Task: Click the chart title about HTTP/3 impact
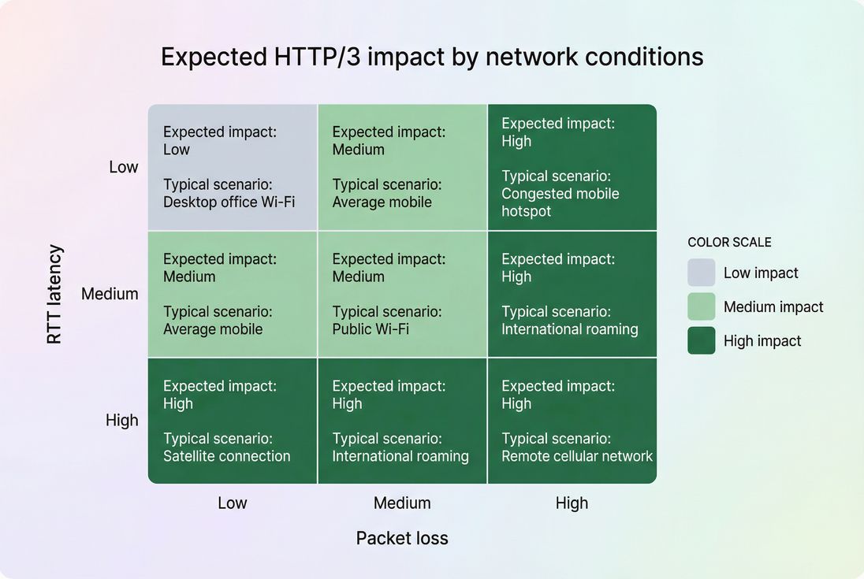point(432,58)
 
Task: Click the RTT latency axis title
point(54,295)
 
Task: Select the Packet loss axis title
point(402,538)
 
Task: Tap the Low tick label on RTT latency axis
point(124,167)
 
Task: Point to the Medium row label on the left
point(110,294)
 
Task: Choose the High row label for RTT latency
point(122,421)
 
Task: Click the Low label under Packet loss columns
point(233,503)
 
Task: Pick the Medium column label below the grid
point(402,503)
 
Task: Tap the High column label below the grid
point(572,503)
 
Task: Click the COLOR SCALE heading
point(729,243)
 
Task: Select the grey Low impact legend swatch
point(702,273)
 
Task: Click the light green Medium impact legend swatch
point(702,306)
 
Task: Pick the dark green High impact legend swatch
point(702,340)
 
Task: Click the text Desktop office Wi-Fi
point(229,202)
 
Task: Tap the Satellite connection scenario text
point(227,456)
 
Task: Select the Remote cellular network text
point(577,456)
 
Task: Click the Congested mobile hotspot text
point(560,202)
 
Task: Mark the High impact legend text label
point(762,341)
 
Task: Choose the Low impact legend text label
point(761,273)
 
